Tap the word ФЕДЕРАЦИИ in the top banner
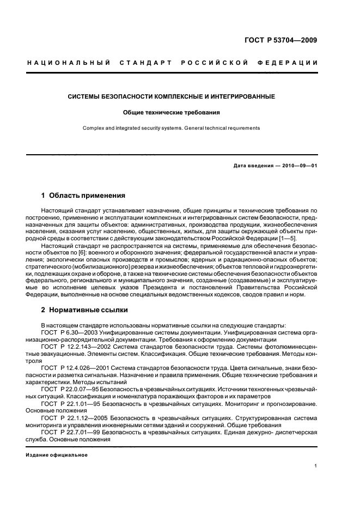tap(294, 63)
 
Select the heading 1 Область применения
tap(84, 195)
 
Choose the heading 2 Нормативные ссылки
tap(85, 310)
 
